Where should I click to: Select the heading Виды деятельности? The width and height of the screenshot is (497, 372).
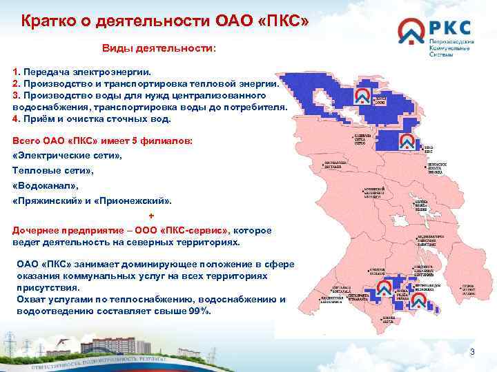click(x=159, y=49)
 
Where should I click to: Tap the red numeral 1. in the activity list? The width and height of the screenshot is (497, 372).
click(x=17, y=72)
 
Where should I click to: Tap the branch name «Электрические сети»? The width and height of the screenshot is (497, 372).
click(x=67, y=156)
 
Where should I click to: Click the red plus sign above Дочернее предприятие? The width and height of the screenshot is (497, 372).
click(x=151, y=216)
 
